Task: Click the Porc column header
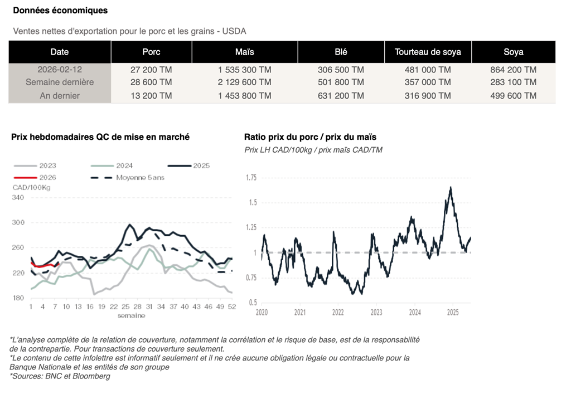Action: (x=151, y=52)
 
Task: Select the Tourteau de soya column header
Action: (x=428, y=52)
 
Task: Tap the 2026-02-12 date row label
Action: (x=60, y=70)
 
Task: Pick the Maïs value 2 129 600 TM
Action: (x=245, y=82)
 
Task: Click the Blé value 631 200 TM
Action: (x=341, y=96)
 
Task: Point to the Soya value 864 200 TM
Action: (x=513, y=70)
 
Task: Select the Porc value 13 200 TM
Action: (x=151, y=96)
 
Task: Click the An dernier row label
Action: (x=60, y=96)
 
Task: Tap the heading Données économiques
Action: (x=60, y=11)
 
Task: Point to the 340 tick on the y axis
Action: (x=18, y=198)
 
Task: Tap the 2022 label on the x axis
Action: (x=338, y=312)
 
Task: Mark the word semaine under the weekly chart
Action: (x=131, y=315)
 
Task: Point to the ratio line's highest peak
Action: (x=450, y=187)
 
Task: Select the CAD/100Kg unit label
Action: (x=32, y=187)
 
